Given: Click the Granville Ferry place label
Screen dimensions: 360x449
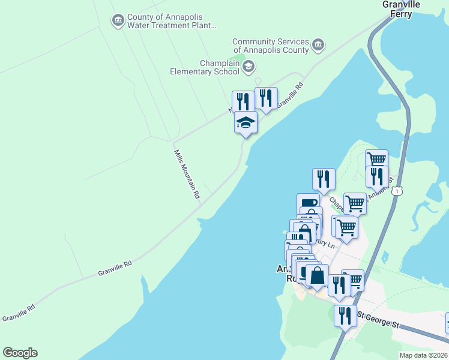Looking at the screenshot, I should [x=401, y=9].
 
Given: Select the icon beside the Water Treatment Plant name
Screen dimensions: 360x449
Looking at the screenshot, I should [x=118, y=21].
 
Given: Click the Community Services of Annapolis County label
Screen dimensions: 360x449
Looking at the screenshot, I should [x=271, y=46].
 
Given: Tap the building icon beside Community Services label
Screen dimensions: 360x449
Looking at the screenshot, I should [x=318, y=45].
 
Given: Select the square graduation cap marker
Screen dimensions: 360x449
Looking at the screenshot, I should [x=245, y=123].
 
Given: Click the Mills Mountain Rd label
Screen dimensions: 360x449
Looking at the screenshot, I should [x=187, y=174].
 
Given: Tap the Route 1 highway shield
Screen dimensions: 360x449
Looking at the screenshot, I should [x=397, y=191].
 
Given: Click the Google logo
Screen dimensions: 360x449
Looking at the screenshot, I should [x=20, y=353].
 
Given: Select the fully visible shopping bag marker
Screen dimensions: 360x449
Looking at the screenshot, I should [x=318, y=276].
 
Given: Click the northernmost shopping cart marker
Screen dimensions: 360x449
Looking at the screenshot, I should [x=376, y=160].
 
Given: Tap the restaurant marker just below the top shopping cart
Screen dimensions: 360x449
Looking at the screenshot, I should [x=377, y=176].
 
